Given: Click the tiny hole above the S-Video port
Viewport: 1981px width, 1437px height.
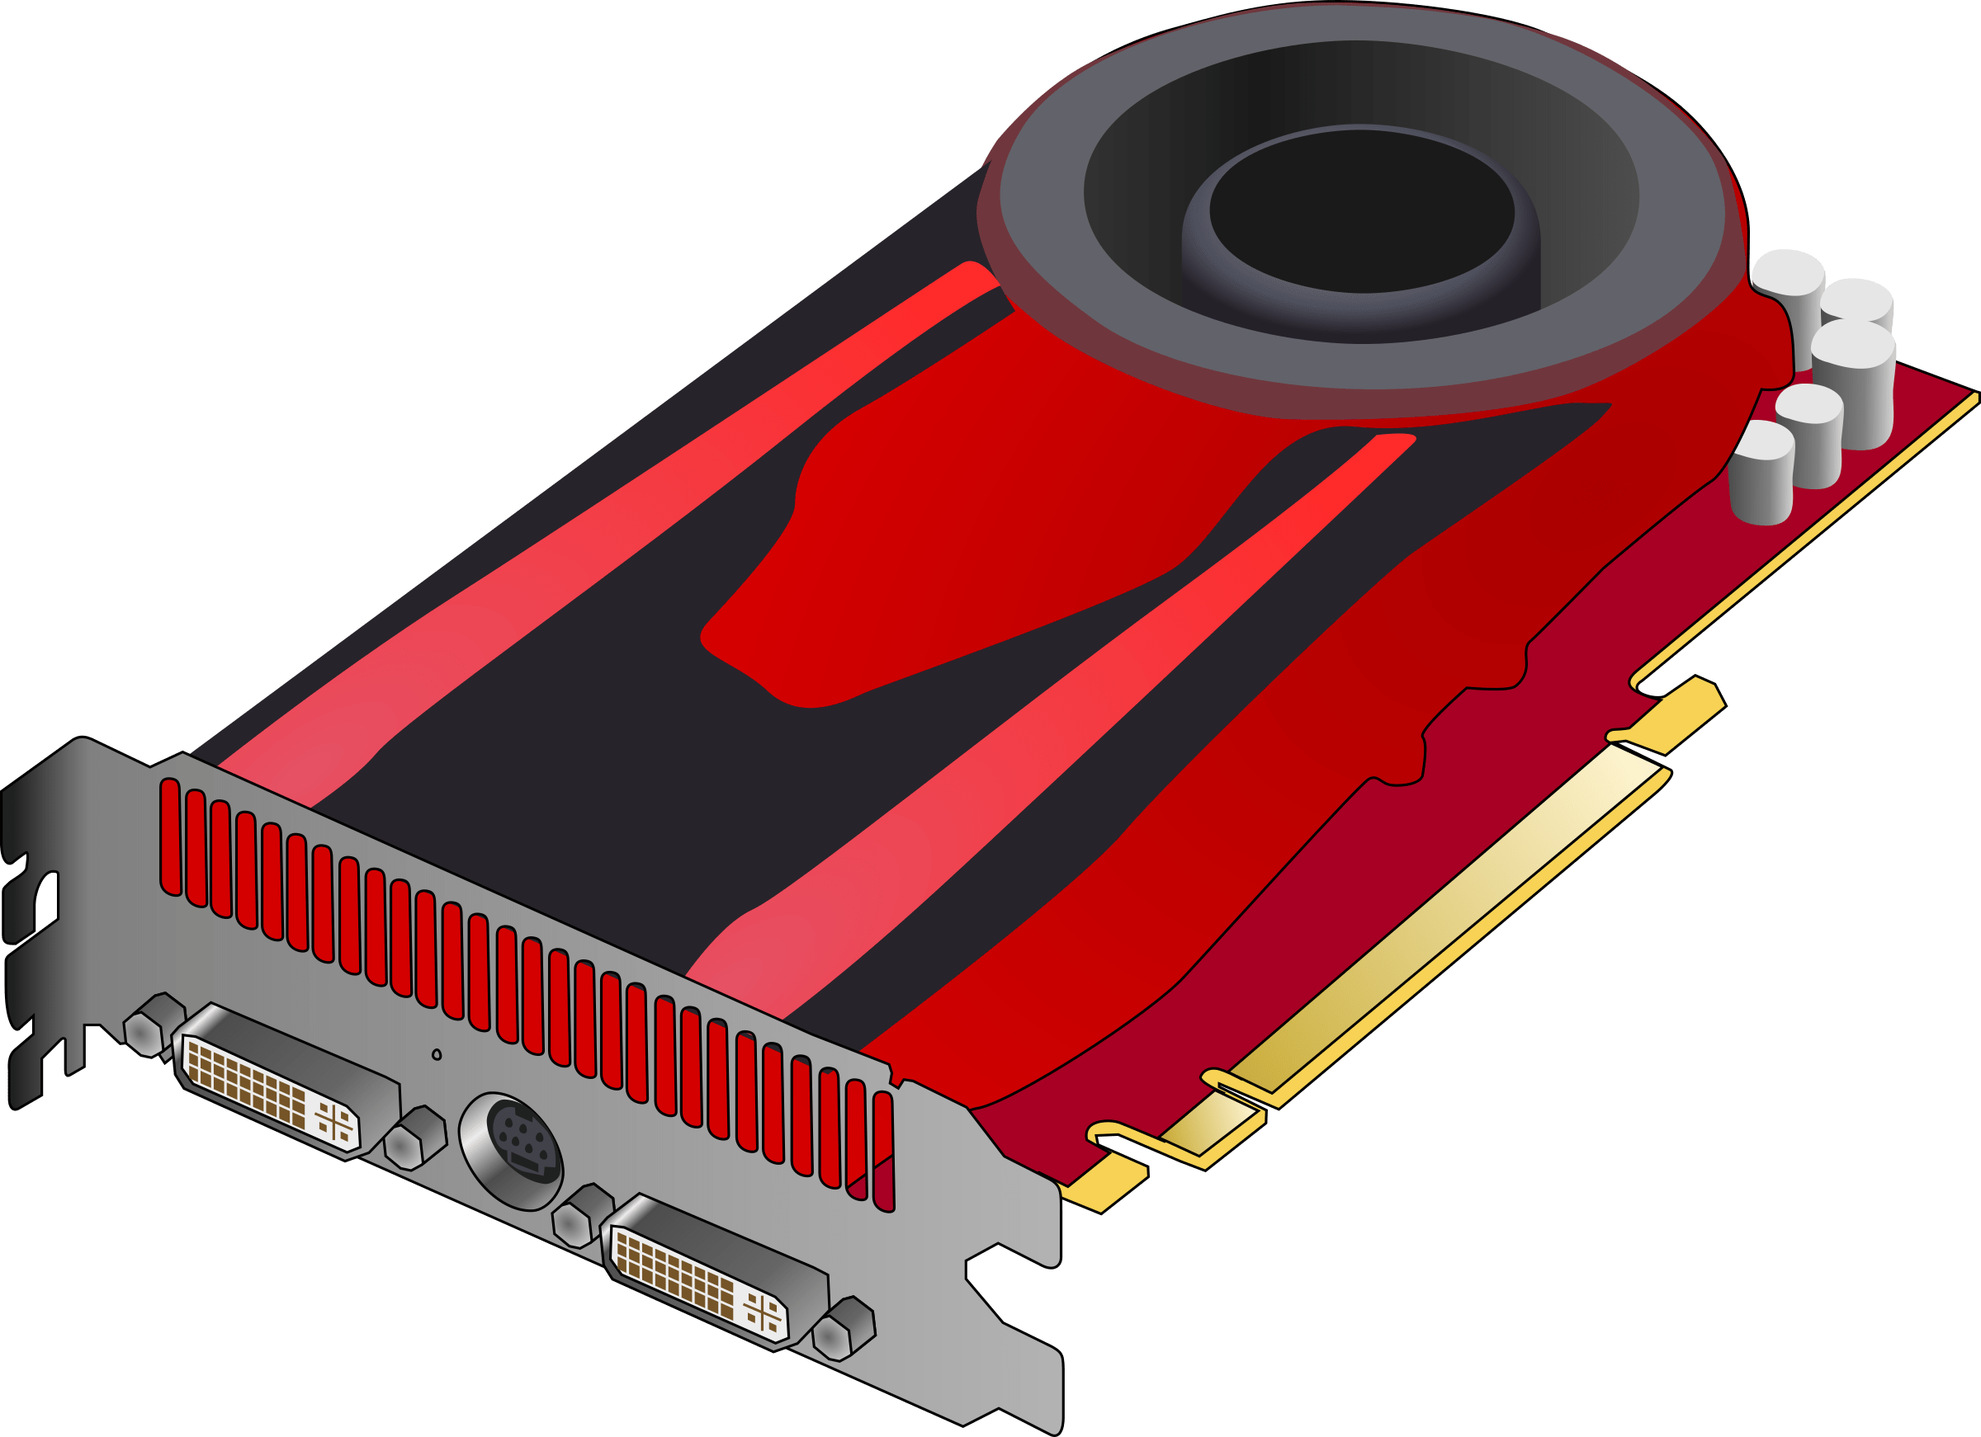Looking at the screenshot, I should (437, 1054).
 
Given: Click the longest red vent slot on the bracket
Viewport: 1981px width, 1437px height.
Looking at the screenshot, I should (170, 838).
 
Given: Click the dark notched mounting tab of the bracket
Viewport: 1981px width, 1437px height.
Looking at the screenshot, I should (35, 916).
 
